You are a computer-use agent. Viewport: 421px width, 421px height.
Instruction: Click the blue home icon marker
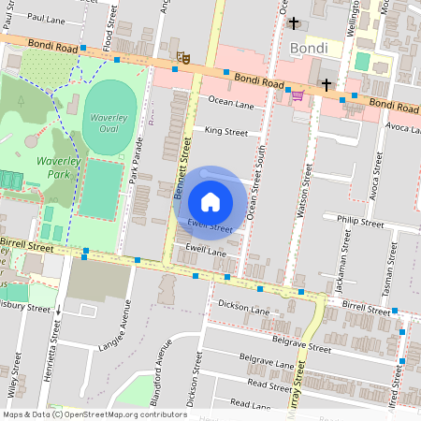click(x=210, y=202)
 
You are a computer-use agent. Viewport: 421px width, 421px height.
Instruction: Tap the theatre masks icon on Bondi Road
click(x=184, y=58)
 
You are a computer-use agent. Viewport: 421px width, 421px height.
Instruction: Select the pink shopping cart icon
click(x=298, y=94)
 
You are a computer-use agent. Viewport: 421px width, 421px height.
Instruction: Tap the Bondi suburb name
click(x=309, y=48)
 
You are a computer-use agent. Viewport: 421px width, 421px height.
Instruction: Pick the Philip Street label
click(x=360, y=224)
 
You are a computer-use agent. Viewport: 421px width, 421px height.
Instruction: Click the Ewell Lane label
click(x=207, y=250)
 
